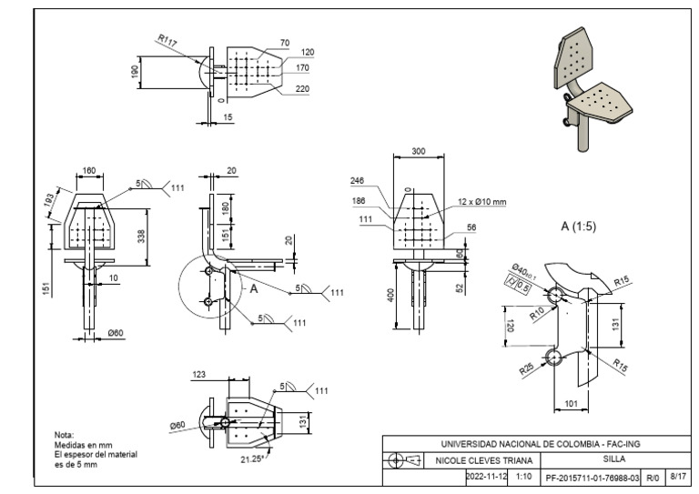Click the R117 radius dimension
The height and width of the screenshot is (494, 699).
point(167,40)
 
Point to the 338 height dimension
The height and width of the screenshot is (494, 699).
point(140,237)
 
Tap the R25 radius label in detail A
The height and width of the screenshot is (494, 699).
point(526,369)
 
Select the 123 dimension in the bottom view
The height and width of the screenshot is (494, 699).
point(199,375)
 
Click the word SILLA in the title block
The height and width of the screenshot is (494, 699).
point(614,459)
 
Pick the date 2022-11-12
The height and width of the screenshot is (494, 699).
point(486,476)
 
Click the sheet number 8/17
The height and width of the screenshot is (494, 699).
point(677,476)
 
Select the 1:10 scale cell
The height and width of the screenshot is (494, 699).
point(523,476)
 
